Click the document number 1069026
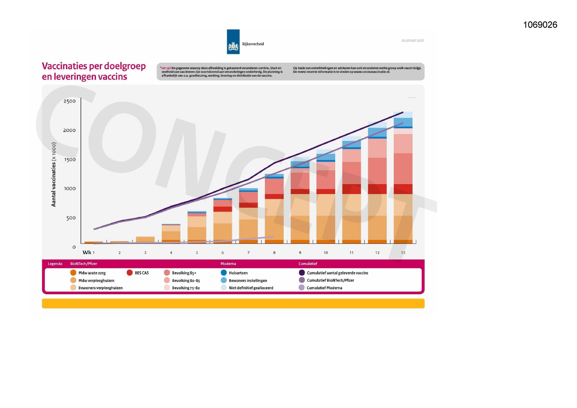(x=540, y=25)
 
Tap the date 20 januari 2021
(x=413, y=41)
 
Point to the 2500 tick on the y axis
(x=69, y=101)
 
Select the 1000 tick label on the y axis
(x=69, y=189)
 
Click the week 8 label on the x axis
(x=274, y=252)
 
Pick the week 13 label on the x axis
(x=403, y=252)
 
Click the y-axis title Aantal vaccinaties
(x=54, y=174)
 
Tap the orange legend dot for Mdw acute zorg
(x=73, y=273)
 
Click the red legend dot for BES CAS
(x=130, y=273)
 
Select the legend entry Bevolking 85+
(x=184, y=273)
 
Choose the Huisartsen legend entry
(x=238, y=273)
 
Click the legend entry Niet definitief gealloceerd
(x=251, y=288)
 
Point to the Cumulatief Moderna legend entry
(x=324, y=288)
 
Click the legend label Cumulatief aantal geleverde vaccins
(x=337, y=273)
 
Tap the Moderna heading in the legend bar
(x=228, y=264)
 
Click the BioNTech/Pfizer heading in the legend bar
(x=84, y=264)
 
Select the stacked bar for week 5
(x=197, y=227)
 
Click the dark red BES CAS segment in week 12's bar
(x=377, y=189)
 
